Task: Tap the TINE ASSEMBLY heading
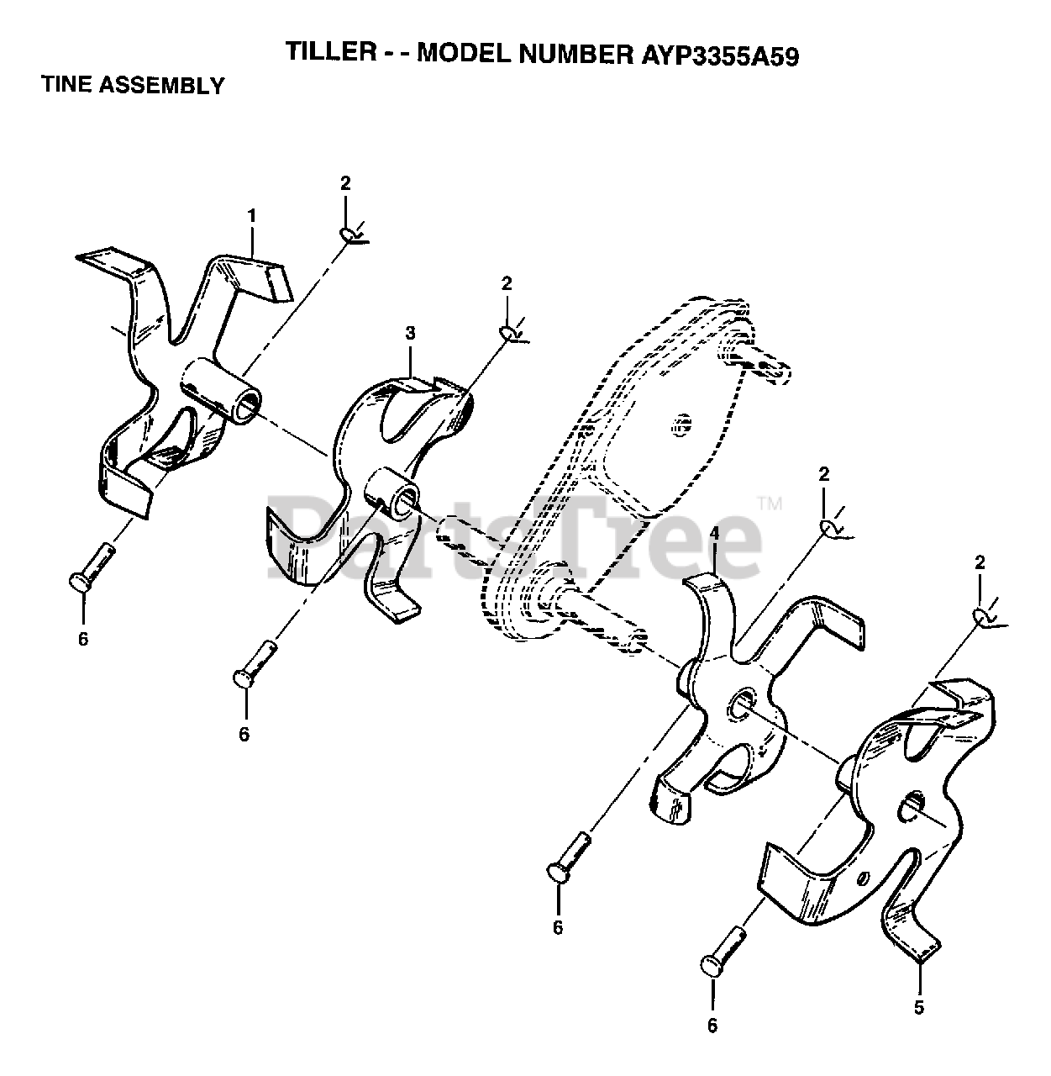pyautogui.click(x=133, y=85)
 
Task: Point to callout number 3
pyautogui.click(x=410, y=333)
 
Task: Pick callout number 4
pyautogui.click(x=713, y=533)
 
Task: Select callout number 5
pyautogui.click(x=918, y=1006)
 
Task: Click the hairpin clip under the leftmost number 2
pyautogui.click(x=349, y=235)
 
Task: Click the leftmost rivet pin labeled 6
pyautogui.click(x=91, y=568)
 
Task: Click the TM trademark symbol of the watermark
pyautogui.click(x=770, y=504)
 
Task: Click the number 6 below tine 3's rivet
pyautogui.click(x=244, y=734)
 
